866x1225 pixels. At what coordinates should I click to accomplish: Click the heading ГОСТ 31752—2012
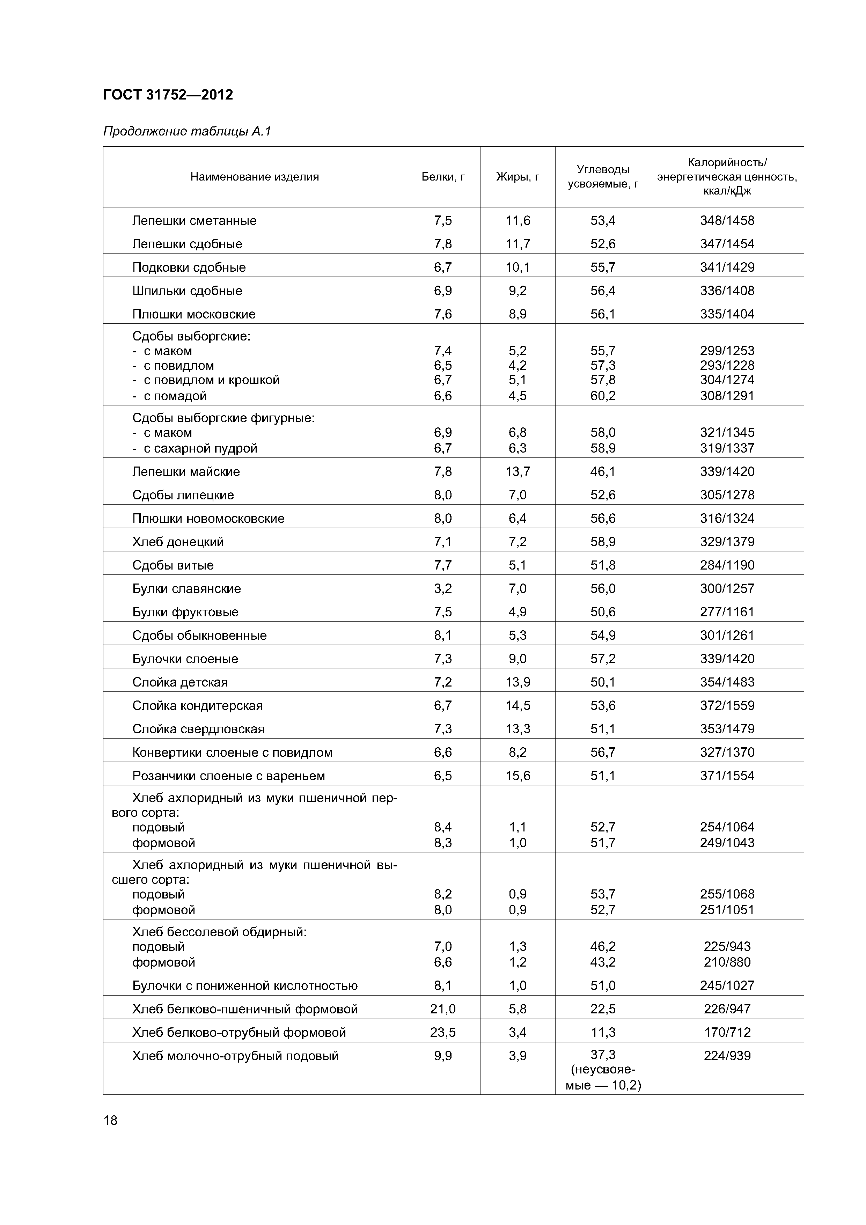click(x=168, y=95)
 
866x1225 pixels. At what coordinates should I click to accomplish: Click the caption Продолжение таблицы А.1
click(x=187, y=131)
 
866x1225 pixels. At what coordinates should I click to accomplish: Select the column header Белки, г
click(x=443, y=177)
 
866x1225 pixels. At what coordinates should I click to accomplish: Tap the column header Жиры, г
click(x=518, y=177)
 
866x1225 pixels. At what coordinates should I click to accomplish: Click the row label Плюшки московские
click(x=194, y=314)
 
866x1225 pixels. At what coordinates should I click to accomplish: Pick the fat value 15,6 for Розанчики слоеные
click(x=518, y=776)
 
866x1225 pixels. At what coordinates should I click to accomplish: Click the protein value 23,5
click(x=443, y=1032)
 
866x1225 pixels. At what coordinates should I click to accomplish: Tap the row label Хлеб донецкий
click(x=178, y=542)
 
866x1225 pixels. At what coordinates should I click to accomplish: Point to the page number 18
click(x=110, y=1120)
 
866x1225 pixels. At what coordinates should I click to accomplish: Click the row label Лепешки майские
click(x=186, y=472)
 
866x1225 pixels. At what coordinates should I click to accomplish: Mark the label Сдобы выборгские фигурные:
click(x=223, y=418)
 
